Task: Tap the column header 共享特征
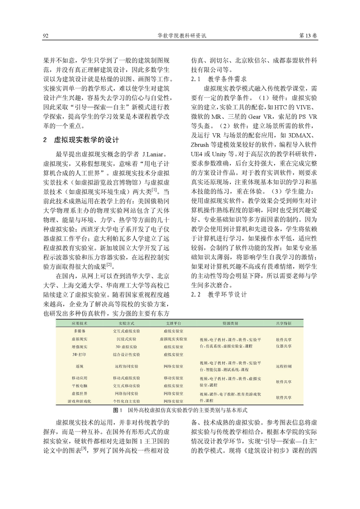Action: point(284,324)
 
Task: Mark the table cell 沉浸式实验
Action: point(123,339)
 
